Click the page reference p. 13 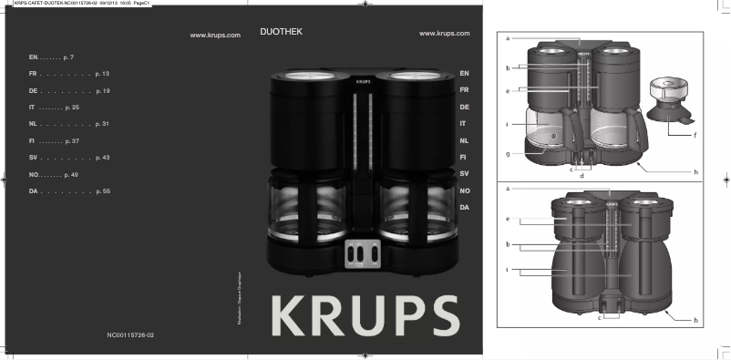click(x=102, y=72)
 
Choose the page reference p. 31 click(x=102, y=123)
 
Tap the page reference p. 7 click(x=67, y=57)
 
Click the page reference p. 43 click(x=102, y=158)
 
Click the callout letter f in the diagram click(x=695, y=134)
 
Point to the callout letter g click(x=507, y=154)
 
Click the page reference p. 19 click(x=102, y=92)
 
